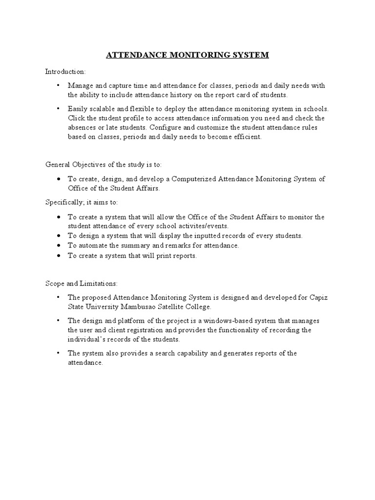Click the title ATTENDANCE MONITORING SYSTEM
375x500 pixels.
[x=187, y=55]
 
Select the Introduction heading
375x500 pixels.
[x=65, y=71]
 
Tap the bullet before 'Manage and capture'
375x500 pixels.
[x=59, y=85]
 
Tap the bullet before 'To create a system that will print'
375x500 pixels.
[x=59, y=256]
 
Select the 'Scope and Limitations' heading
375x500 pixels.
[x=82, y=283]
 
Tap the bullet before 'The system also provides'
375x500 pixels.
[x=59, y=353]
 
